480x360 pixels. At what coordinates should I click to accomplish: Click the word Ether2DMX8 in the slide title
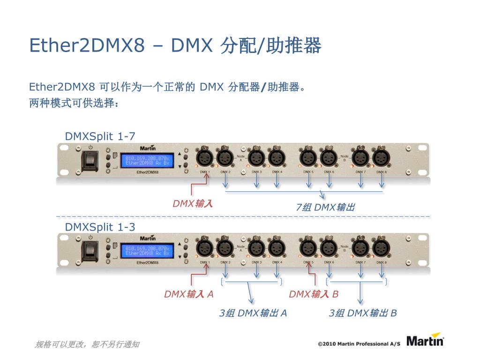click(x=87, y=46)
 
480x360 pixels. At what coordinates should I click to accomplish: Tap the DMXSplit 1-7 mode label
click(x=100, y=136)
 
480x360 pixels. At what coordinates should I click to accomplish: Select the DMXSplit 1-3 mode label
click(x=100, y=227)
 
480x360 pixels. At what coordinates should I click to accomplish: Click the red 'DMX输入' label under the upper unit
click(x=193, y=204)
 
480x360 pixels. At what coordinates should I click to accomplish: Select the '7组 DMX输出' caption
click(x=325, y=207)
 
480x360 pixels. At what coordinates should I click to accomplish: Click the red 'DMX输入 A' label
click(x=188, y=294)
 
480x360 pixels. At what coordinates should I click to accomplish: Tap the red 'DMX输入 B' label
click(x=314, y=294)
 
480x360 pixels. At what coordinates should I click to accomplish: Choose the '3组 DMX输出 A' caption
click(x=253, y=313)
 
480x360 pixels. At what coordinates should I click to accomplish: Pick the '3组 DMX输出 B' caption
click(x=363, y=313)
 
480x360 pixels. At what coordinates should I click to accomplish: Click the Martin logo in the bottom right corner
click(x=425, y=340)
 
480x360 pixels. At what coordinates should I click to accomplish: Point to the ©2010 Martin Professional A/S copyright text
click(x=359, y=344)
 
